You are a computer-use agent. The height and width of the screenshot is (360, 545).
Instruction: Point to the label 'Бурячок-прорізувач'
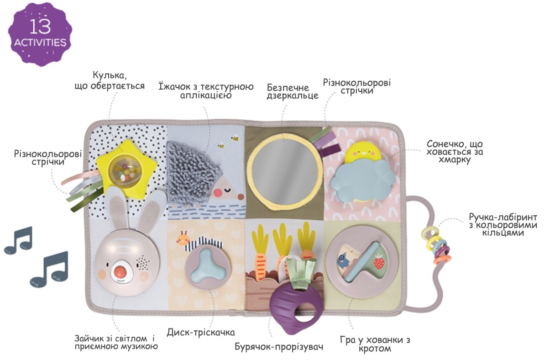click(279, 347)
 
